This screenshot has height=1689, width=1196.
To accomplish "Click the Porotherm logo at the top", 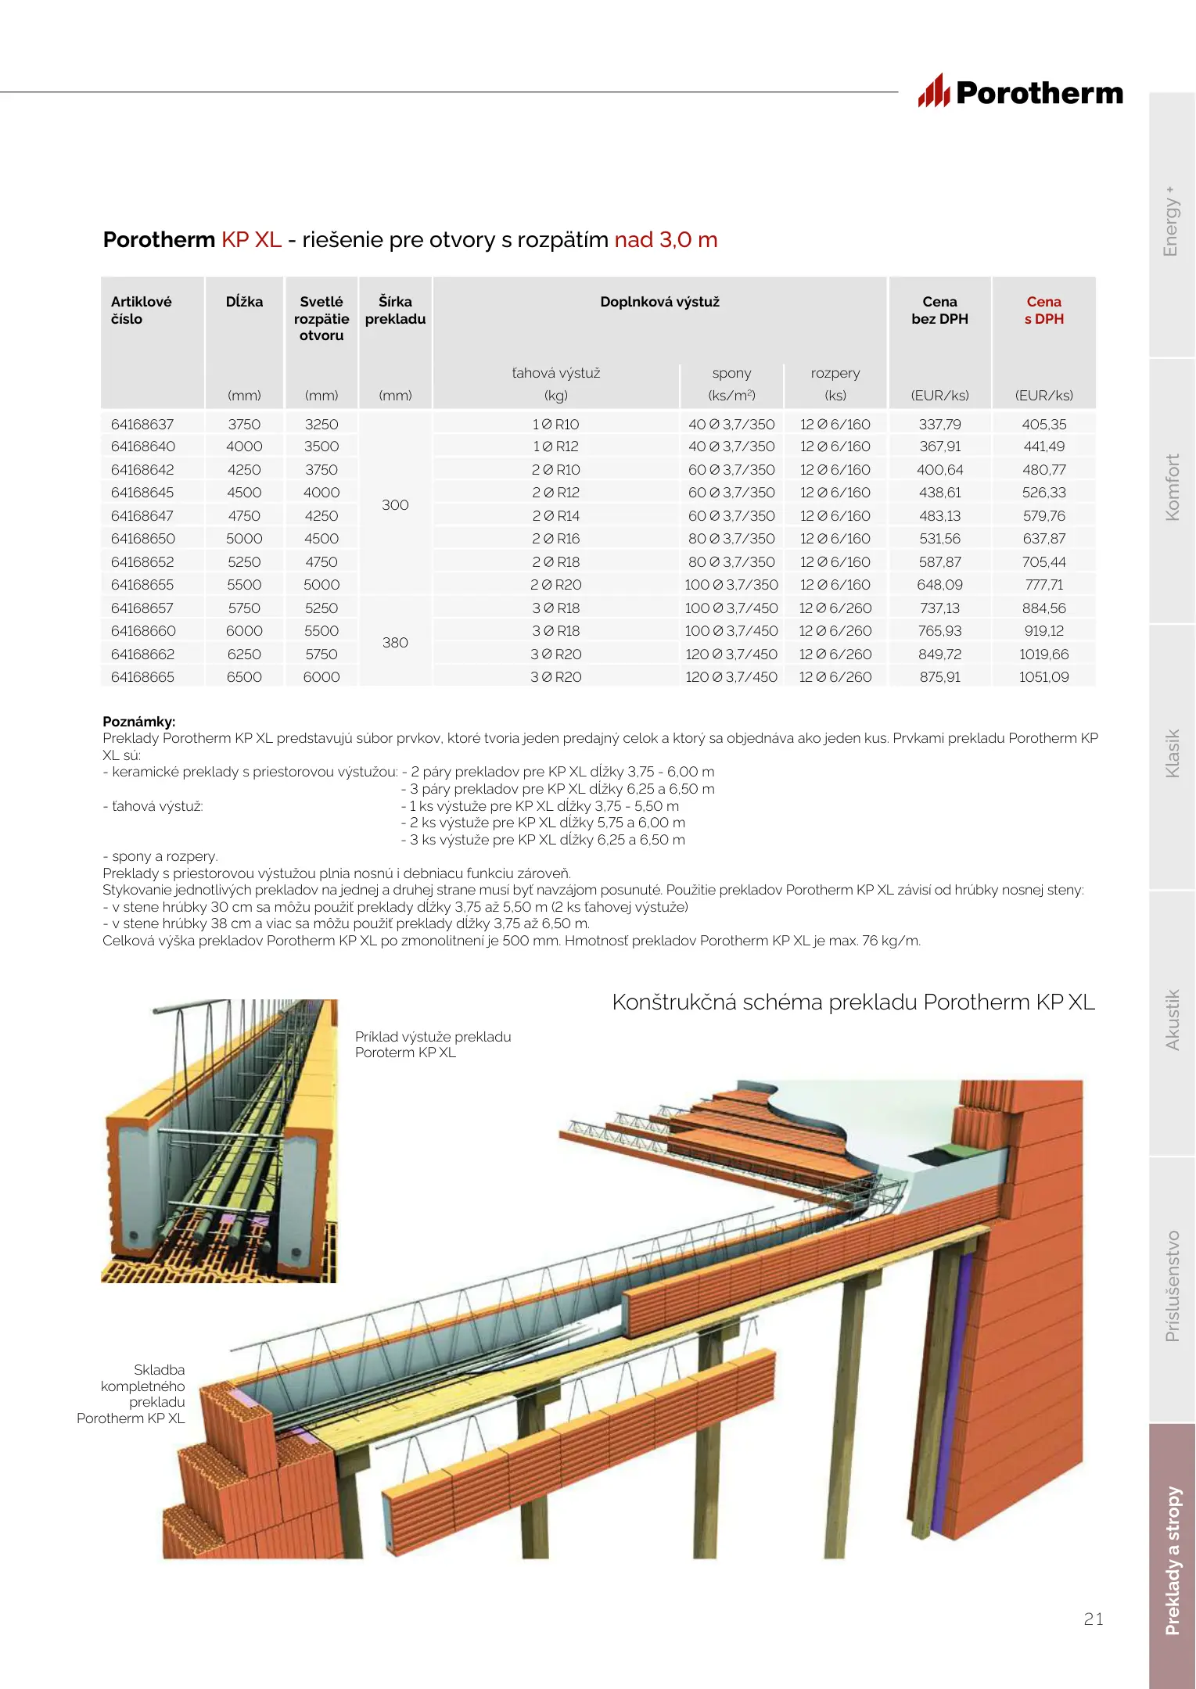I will click(x=1021, y=92).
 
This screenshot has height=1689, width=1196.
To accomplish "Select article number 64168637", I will click(x=142, y=425).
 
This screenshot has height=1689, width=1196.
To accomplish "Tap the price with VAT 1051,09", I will click(x=1043, y=677).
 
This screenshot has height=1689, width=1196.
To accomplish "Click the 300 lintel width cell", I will click(x=395, y=505).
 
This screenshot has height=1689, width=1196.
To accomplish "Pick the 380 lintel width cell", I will click(x=395, y=643).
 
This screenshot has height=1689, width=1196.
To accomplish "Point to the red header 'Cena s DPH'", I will click(x=1043, y=310).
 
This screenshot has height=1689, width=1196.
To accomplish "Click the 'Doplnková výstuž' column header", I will click(x=659, y=302).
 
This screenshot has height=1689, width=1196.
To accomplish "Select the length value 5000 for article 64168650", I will click(x=244, y=539).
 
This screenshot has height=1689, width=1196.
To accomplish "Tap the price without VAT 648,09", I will click(x=939, y=585).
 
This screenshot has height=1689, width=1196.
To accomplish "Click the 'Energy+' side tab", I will click(x=1171, y=222).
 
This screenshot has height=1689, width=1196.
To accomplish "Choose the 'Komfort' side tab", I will click(x=1172, y=488).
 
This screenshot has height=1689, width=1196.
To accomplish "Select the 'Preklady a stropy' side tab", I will click(x=1172, y=1561).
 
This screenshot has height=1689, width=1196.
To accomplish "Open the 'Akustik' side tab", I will click(x=1172, y=1020).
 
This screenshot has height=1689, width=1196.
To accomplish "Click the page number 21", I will click(x=1094, y=1619).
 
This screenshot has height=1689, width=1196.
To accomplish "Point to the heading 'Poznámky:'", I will click(x=139, y=722).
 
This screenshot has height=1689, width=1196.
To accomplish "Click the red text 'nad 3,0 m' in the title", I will click(x=666, y=240).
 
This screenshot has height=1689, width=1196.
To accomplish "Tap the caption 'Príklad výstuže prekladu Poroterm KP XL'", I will click(x=433, y=1045).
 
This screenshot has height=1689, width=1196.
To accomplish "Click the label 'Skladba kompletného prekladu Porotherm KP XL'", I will click(x=131, y=1394).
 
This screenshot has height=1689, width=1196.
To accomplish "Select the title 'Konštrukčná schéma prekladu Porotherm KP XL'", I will click(x=853, y=1002).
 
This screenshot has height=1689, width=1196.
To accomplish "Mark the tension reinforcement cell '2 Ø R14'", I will click(x=555, y=516).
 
